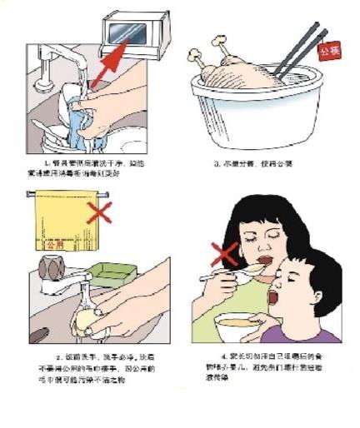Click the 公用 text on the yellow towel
(56, 246)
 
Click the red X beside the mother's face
(223, 253)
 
